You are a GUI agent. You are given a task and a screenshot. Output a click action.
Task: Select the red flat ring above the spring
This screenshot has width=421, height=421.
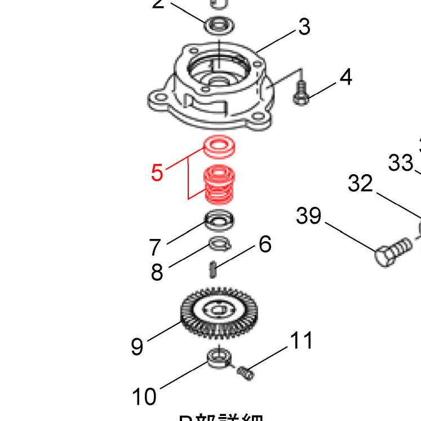220,147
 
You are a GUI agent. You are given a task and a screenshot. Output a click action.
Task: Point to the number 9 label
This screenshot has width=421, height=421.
137,346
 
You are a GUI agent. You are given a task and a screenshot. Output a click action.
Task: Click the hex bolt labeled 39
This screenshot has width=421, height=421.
392,253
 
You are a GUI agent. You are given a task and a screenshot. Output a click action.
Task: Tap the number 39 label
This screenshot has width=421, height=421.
309,215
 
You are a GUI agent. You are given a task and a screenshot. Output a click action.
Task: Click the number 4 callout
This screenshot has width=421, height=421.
345,77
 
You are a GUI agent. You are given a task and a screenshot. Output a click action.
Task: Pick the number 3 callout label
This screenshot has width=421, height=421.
304,26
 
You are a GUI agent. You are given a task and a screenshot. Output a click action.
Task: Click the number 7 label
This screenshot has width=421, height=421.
156,247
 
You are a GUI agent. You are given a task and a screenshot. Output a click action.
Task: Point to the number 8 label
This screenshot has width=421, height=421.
157,272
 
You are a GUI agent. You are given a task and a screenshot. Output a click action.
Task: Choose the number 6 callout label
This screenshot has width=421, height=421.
265,245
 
